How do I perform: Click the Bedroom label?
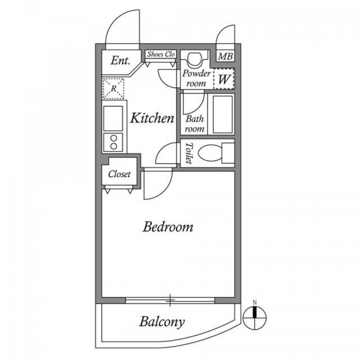click(x=168, y=227)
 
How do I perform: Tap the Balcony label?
click(x=162, y=322)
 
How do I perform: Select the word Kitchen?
click(x=152, y=118)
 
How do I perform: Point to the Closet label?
click(x=119, y=174)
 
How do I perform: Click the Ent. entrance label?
click(x=120, y=61)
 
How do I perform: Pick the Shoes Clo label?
click(x=161, y=54)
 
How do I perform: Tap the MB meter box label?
click(x=226, y=56)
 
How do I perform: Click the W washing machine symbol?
click(x=224, y=79)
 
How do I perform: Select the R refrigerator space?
click(x=114, y=89)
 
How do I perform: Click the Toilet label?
click(x=189, y=153)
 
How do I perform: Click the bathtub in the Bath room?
click(x=223, y=114)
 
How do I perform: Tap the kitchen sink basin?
click(x=113, y=119)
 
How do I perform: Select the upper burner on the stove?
click(x=114, y=138)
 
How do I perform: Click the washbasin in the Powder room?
click(x=195, y=58)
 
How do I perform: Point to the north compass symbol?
click(x=255, y=318)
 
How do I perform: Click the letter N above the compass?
click(x=255, y=303)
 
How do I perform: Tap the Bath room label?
click(x=195, y=124)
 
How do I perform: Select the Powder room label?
click(x=196, y=78)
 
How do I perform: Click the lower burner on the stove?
click(x=114, y=146)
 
